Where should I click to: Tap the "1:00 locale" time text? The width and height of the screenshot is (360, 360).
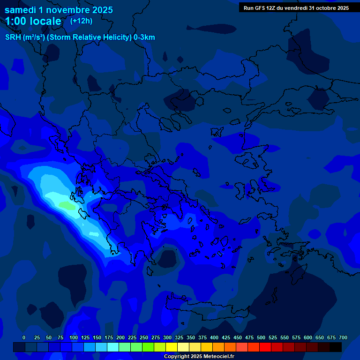pyautogui.click(x=33, y=21)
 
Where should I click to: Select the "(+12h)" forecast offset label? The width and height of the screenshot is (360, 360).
pyautogui.click(x=81, y=21)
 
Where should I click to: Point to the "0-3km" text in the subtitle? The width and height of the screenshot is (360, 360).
pyautogui.click(x=144, y=37)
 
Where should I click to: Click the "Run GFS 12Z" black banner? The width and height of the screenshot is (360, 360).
pyautogui.click(x=296, y=8)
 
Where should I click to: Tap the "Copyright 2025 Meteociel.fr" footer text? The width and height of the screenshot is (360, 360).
pyautogui.click(x=199, y=356)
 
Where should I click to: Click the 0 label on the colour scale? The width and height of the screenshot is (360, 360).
pyautogui.click(x=24, y=337)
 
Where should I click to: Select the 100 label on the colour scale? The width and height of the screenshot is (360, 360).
pyautogui.click(x=74, y=337)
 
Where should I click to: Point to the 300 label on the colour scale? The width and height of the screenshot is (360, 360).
pyautogui.click(x=167, y=337)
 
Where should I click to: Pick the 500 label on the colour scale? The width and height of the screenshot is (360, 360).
pyautogui.click(x=261, y=337)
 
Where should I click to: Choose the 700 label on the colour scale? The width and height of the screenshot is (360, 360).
pyautogui.click(x=343, y=337)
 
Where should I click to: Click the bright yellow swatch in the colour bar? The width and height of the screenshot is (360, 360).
pyautogui.click(x=172, y=347)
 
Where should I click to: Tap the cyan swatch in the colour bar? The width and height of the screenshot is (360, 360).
pyautogui.click(x=113, y=347)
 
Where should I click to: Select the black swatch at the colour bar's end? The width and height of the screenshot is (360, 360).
pyautogui.click(x=336, y=347)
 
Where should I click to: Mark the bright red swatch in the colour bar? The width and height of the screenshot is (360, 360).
pyautogui.click(x=265, y=347)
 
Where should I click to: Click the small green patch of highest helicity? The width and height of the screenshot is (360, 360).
pyautogui.click(x=67, y=205)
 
